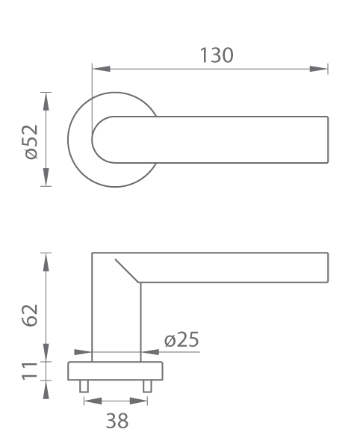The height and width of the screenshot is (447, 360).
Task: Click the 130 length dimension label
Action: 217,55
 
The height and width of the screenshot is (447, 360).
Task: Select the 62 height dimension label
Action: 30,315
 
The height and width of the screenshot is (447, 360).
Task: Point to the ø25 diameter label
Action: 181,339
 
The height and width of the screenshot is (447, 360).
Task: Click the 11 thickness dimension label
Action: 30,371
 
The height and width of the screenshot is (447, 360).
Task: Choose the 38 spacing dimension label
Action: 117,421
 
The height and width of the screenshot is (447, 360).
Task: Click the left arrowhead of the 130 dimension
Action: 101,69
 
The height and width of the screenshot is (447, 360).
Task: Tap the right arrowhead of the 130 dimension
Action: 319,69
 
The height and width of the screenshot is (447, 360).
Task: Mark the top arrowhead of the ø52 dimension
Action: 46,101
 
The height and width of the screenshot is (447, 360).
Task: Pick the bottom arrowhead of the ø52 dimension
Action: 46,177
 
